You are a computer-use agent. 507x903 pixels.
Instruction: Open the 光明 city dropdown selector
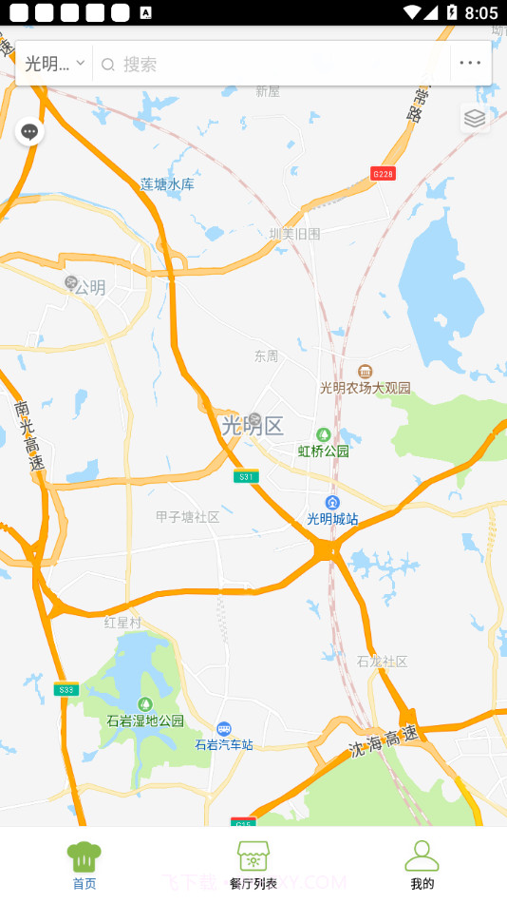[x=54, y=64]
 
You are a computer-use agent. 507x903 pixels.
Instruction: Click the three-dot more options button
[x=470, y=64]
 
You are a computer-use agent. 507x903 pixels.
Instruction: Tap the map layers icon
[x=475, y=118]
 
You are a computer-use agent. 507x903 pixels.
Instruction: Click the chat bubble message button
[x=29, y=131]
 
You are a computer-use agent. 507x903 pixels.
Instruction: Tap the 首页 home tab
[x=84, y=865]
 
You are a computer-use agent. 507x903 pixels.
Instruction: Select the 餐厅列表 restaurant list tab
[x=253, y=865]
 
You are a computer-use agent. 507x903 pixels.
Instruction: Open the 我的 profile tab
[x=422, y=865]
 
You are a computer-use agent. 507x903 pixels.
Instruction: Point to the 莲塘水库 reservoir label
[x=167, y=184]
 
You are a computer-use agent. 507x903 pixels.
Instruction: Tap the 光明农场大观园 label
[x=365, y=388]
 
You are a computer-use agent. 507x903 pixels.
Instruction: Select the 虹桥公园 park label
[x=324, y=451]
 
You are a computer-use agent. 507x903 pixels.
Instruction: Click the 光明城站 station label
[x=332, y=518]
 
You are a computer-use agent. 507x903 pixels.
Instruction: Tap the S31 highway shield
[x=246, y=476]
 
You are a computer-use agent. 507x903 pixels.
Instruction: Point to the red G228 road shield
[x=383, y=173]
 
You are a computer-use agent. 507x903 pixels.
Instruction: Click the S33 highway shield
[x=66, y=690]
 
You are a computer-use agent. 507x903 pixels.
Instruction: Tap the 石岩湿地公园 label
[x=145, y=720]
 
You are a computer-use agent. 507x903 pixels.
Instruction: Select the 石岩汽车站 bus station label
[x=224, y=744]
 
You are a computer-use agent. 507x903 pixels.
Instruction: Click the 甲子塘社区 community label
[x=187, y=517]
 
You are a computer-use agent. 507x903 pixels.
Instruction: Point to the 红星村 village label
[x=122, y=623]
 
